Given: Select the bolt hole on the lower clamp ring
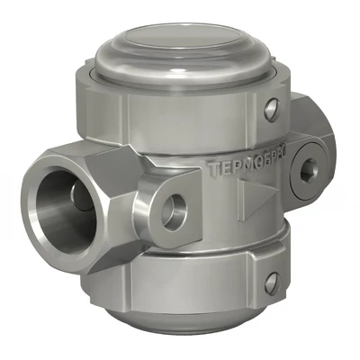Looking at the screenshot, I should click(x=271, y=282).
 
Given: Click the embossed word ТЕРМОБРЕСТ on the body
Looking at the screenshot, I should click(x=246, y=168).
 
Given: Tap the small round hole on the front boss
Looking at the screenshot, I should click(x=174, y=206).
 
